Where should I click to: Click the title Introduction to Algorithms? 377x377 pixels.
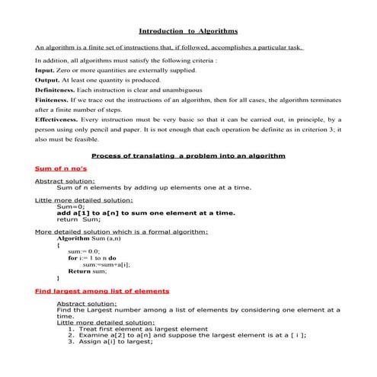[188, 31]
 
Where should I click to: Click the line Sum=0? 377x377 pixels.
[70, 206]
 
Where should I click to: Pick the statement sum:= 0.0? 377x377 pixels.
[84, 251]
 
